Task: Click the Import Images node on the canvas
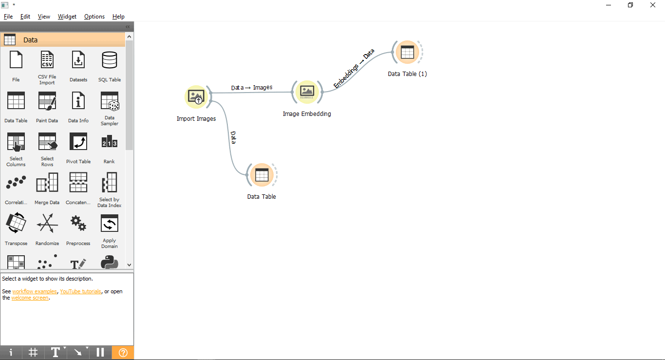196,96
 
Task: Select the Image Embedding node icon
307,92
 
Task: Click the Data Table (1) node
407,52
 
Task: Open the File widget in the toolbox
16,60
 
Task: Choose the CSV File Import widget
47,60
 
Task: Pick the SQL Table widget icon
109,60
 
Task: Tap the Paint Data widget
47,101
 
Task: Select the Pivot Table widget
78,142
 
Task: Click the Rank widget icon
109,142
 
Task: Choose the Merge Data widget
47,183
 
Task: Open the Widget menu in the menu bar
67,17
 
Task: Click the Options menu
94,17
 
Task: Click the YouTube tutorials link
80,291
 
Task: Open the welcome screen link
30,298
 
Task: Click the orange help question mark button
123,353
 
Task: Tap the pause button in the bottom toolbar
100,353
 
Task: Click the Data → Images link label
252,88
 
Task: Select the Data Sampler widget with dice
110,101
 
